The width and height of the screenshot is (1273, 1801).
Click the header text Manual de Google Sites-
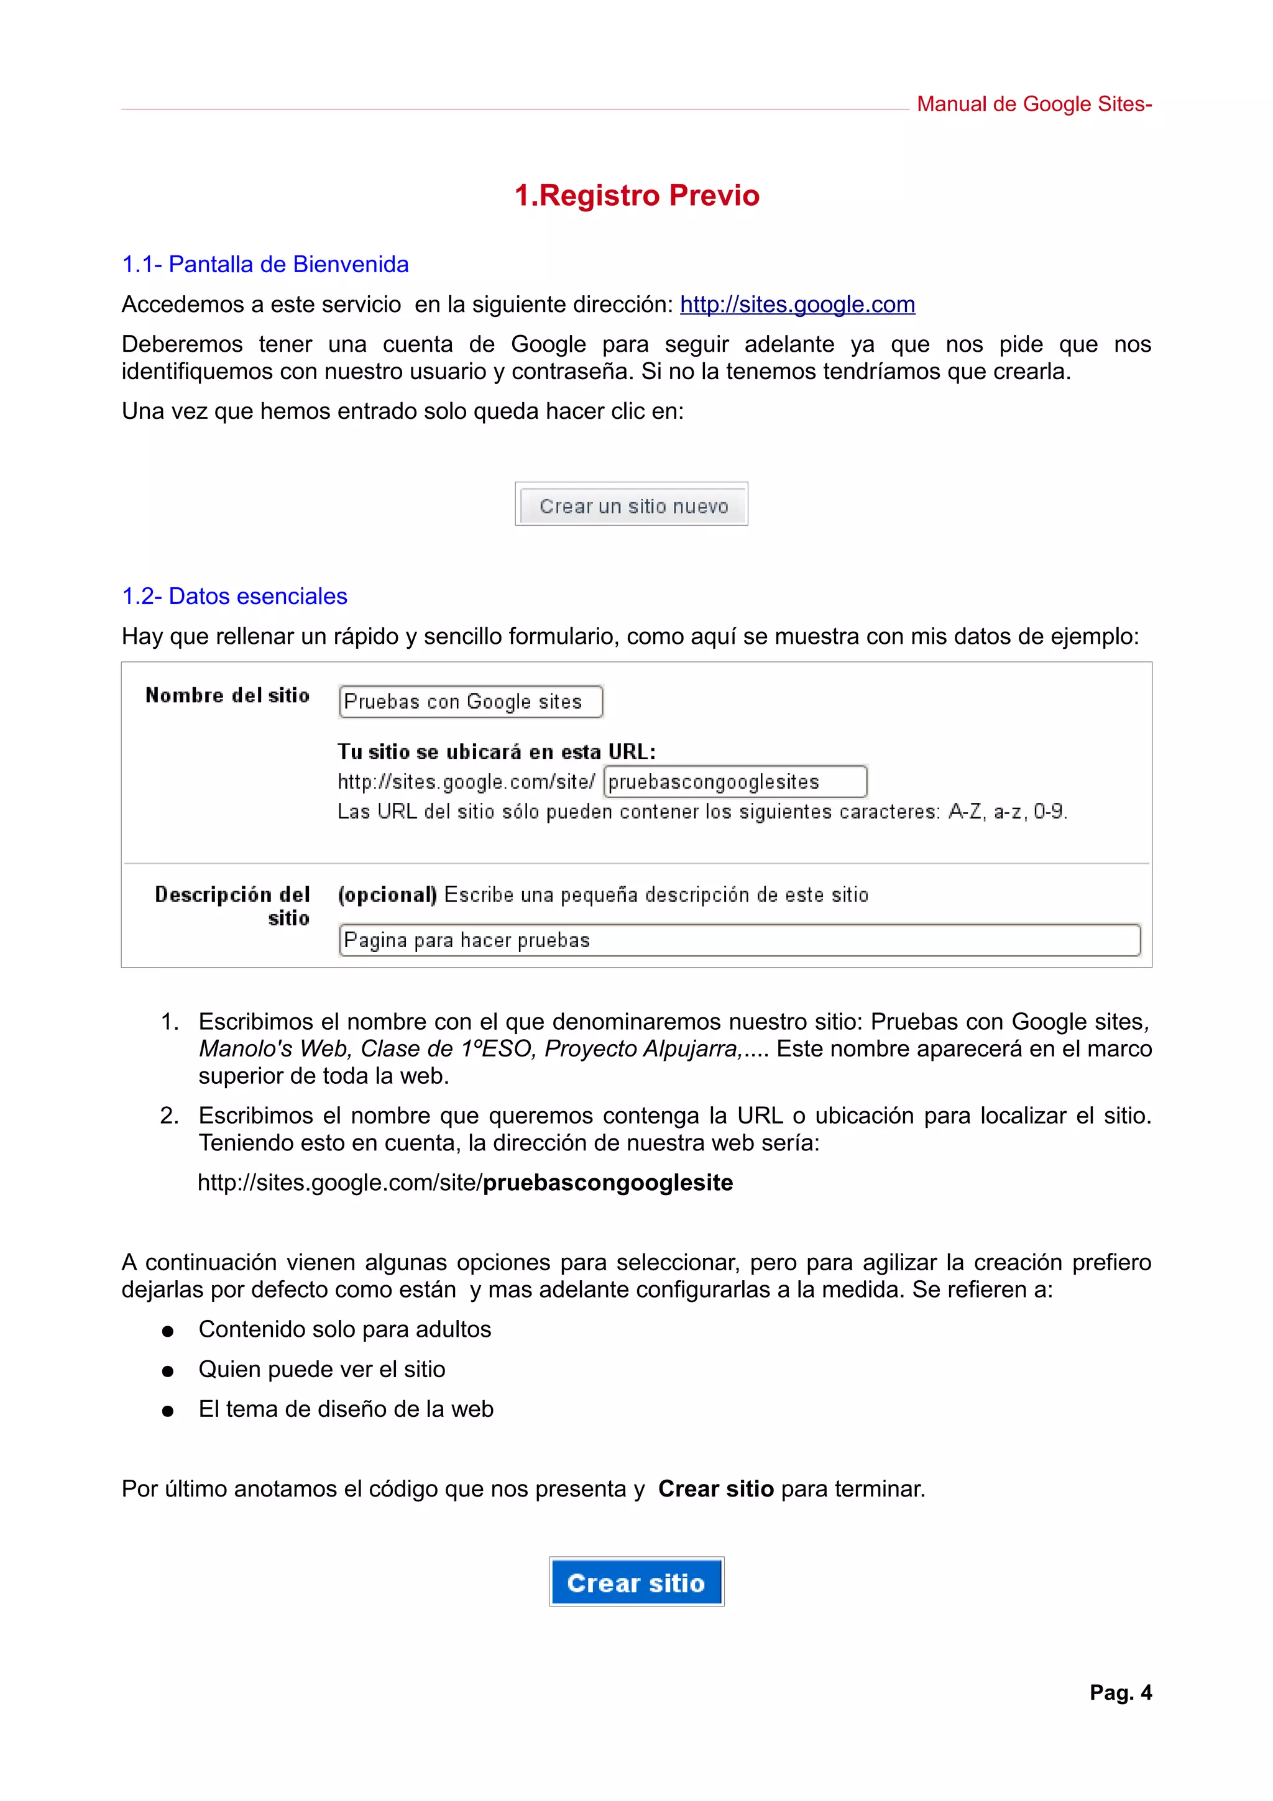click(1033, 104)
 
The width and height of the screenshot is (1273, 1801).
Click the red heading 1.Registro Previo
click(636, 195)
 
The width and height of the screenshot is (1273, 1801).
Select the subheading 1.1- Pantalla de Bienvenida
click(265, 264)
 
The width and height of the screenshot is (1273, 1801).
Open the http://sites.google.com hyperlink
click(797, 305)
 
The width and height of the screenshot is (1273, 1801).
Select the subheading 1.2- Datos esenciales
click(234, 596)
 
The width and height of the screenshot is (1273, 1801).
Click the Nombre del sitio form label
click(227, 696)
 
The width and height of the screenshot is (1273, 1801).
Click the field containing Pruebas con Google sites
click(471, 701)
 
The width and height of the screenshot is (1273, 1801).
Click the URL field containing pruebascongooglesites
click(734, 782)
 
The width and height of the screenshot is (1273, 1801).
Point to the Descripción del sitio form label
click(232, 906)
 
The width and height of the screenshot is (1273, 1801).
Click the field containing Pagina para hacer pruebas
click(739, 940)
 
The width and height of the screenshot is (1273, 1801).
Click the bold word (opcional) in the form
click(387, 895)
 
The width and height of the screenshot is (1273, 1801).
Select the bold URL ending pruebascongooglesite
click(607, 1182)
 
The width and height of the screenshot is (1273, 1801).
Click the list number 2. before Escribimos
click(170, 1116)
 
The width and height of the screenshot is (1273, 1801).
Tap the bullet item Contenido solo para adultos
click(344, 1329)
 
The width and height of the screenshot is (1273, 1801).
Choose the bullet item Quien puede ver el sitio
click(321, 1369)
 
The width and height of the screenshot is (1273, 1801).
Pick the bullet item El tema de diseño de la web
click(346, 1409)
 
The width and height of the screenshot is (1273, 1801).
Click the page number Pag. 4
click(1120, 1692)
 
